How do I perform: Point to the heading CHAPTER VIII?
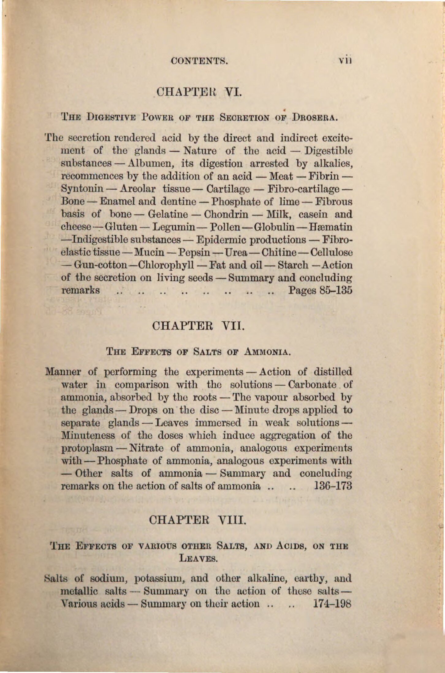198,520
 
